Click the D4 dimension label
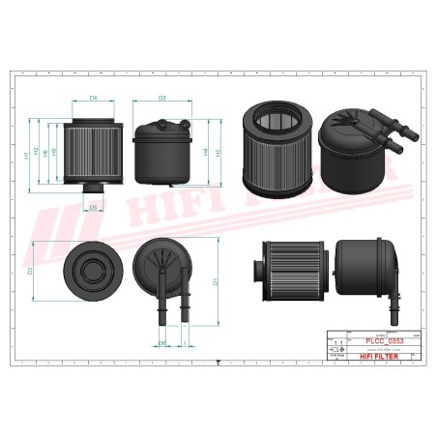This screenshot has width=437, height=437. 94,99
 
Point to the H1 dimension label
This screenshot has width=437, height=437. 25,156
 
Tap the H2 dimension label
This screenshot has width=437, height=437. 36,152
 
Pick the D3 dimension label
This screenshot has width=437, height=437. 30,272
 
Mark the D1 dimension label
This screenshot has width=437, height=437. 214,282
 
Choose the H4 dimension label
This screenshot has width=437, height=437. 206,152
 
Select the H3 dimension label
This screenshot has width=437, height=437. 217,152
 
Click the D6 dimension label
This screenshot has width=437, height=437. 93,207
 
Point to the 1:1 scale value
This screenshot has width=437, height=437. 336,343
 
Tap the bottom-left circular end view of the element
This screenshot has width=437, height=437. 94,271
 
